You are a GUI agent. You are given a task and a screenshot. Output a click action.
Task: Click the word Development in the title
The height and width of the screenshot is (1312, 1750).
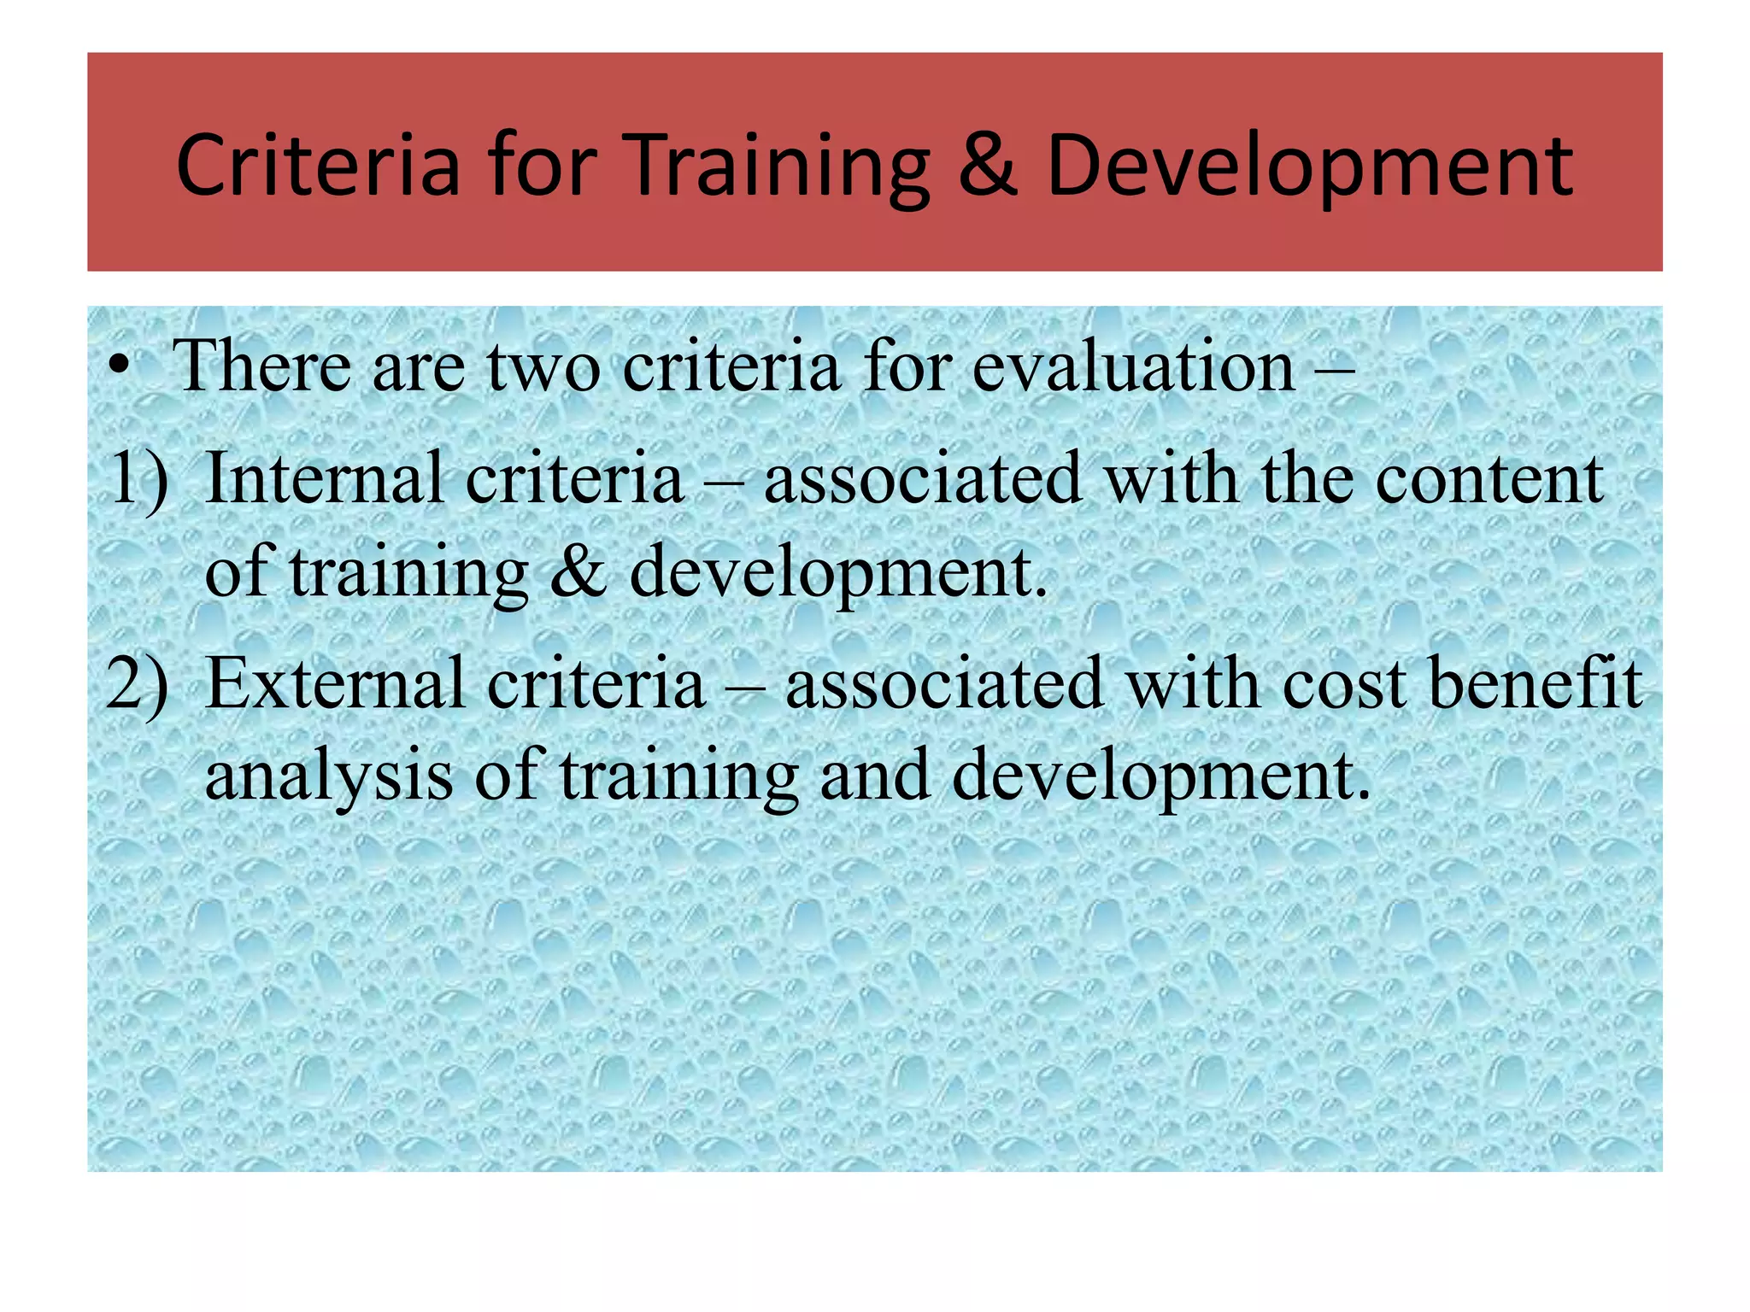point(1308,167)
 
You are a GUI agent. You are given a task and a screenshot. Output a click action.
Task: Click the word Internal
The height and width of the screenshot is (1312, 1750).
point(325,478)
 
